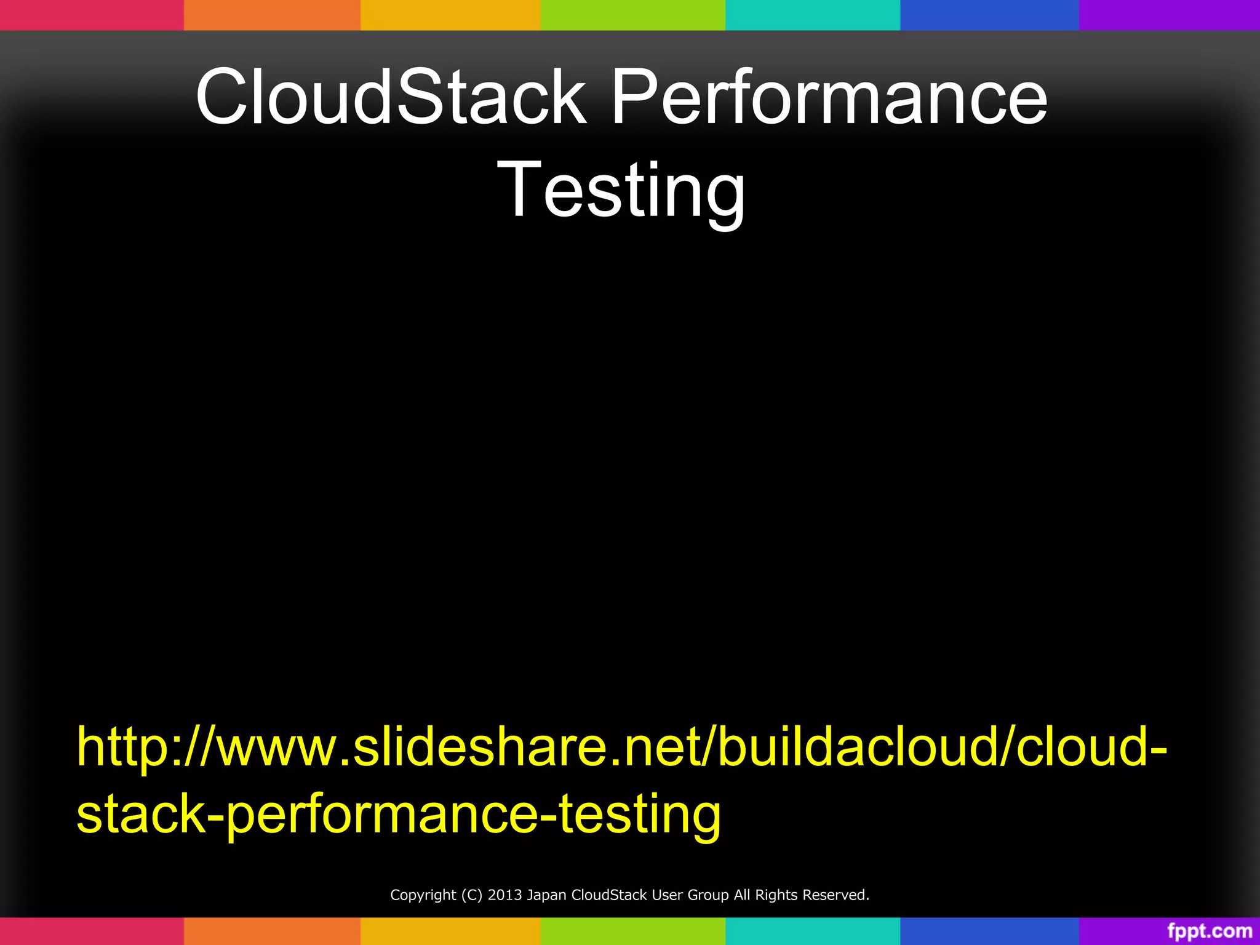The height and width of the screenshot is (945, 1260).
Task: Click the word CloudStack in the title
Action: tap(391, 97)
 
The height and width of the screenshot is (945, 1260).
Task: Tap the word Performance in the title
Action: tap(829, 97)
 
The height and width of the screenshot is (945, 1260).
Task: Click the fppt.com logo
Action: tap(1210, 931)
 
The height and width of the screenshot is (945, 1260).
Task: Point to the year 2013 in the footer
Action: tap(504, 895)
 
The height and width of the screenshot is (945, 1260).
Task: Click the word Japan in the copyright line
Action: tap(546, 895)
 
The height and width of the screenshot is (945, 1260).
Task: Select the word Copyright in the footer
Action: tap(423, 895)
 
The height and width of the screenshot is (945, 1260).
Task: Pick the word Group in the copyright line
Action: tap(709, 895)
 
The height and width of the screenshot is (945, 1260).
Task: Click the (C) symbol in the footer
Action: tap(472, 895)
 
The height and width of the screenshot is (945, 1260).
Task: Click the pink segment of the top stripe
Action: tap(92, 15)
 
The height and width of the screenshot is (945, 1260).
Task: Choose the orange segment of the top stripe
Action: tap(272, 15)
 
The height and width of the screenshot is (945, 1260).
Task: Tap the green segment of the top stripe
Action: tap(632, 15)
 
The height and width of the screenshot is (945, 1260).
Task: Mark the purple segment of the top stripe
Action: tap(1169, 15)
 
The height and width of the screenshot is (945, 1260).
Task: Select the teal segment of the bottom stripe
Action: tap(813, 931)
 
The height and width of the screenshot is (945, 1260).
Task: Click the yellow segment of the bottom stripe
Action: tap(450, 931)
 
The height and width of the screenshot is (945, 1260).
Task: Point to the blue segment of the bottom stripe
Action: tap(989, 931)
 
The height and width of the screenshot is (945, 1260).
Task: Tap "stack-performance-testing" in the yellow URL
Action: tap(399, 814)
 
